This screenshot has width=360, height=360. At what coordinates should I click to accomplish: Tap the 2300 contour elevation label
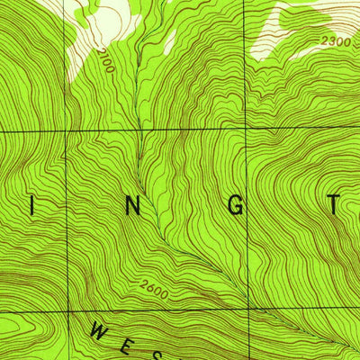[x=334, y=41]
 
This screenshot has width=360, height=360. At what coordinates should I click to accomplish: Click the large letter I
[x=34, y=206]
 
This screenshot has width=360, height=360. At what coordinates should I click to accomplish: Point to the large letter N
[x=133, y=206]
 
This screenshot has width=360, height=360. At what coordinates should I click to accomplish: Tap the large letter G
[x=236, y=206]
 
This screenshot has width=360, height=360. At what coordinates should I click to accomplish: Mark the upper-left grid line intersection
[x=67, y=132]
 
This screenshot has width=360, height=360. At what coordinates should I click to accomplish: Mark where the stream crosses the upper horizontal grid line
[x=138, y=131]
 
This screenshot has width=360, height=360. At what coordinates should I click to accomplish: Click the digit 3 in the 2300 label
[x=329, y=41]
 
